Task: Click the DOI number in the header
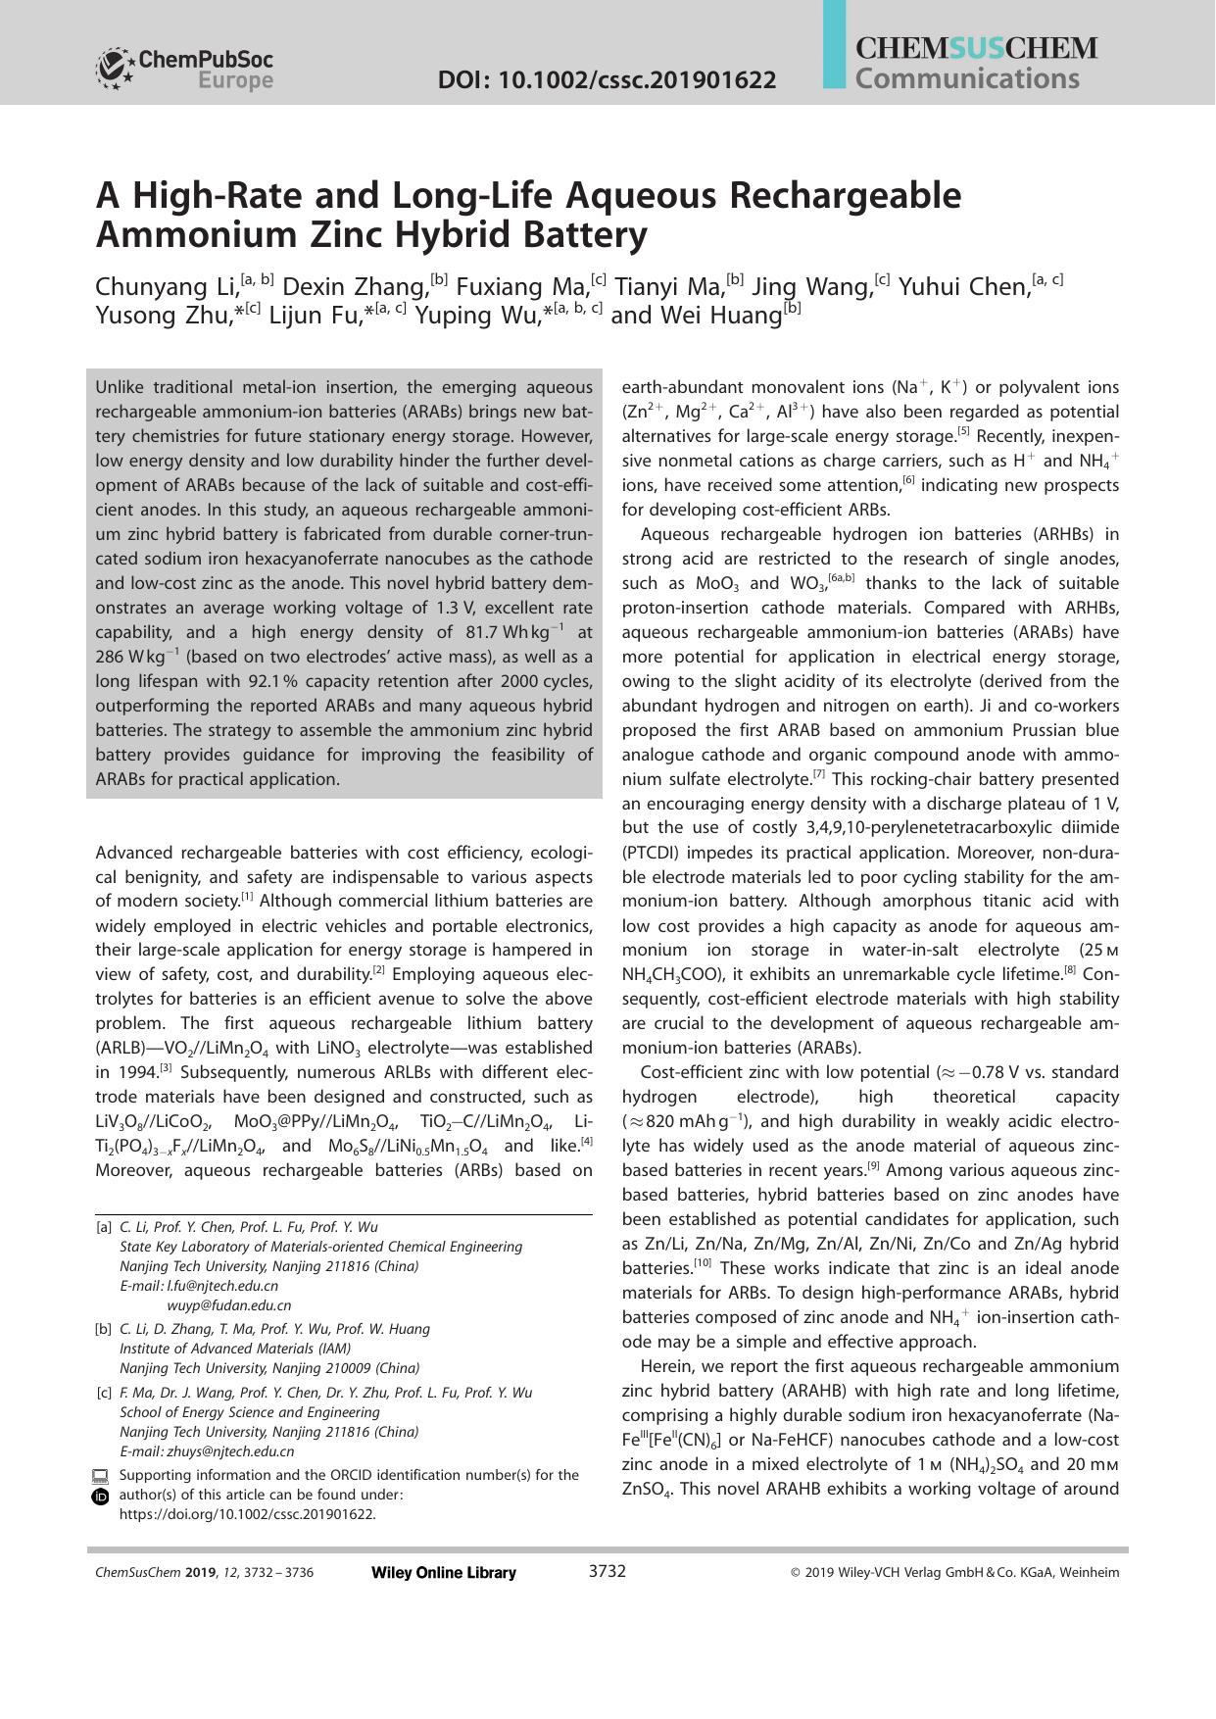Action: point(606,79)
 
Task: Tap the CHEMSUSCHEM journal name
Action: point(976,48)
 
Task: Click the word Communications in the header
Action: point(966,78)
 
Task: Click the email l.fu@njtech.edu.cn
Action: point(222,1286)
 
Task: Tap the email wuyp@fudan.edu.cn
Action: point(228,1305)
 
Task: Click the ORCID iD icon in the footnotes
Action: point(100,1497)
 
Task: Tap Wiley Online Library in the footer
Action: point(444,1573)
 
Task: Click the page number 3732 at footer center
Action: point(607,1572)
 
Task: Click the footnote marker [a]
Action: point(104,1227)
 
